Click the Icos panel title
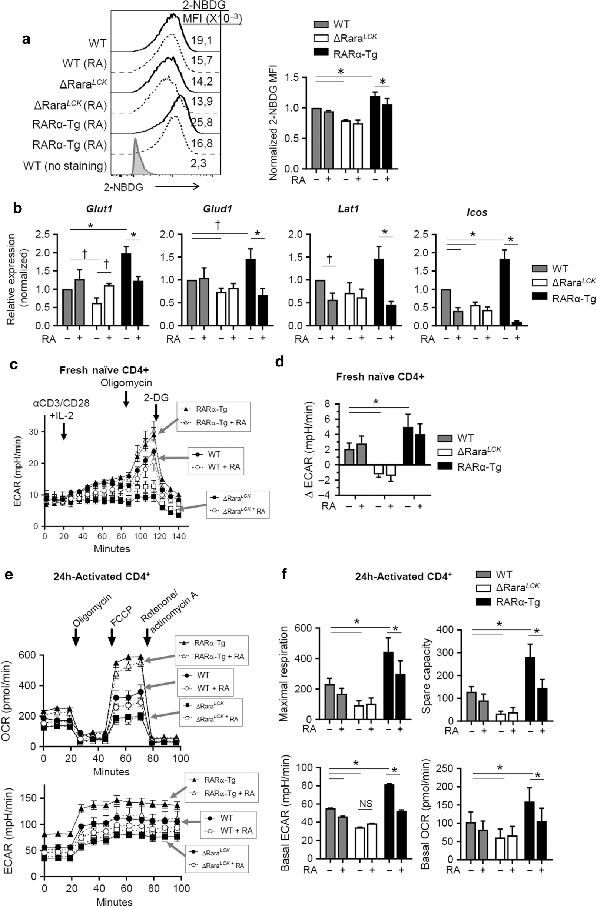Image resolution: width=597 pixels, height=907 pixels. [x=477, y=212]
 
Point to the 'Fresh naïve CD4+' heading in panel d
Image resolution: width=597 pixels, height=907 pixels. [x=380, y=377]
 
